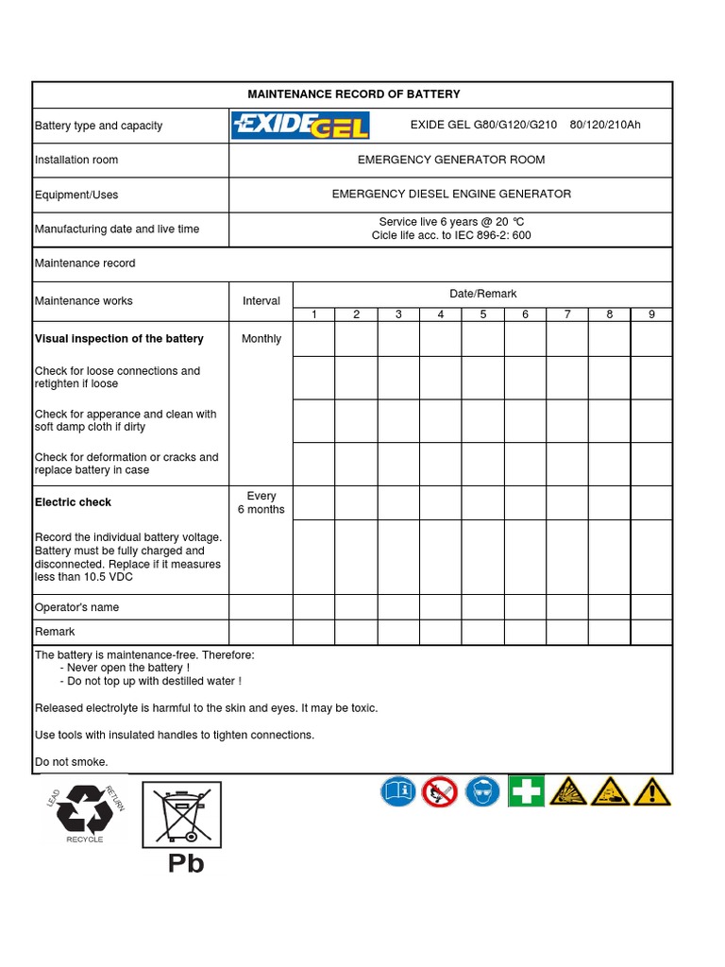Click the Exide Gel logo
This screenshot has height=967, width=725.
click(x=300, y=126)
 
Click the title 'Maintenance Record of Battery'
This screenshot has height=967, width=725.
click(x=353, y=94)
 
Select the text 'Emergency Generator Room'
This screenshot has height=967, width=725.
click(x=450, y=160)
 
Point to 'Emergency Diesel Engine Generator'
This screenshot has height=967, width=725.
click(x=450, y=194)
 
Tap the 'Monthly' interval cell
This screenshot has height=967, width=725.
click(x=261, y=339)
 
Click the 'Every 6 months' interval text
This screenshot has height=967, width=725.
click(x=261, y=502)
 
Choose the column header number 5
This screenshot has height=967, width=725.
click(x=482, y=314)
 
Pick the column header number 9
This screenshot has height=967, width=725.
click(x=651, y=314)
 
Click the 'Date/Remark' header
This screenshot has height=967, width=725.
click(x=482, y=294)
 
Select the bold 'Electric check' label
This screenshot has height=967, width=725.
click(x=73, y=502)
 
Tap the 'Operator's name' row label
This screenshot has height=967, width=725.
click(x=76, y=607)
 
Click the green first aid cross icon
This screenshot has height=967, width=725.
click(x=526, y=790)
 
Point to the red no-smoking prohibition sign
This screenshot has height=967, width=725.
click(x=440, y=790)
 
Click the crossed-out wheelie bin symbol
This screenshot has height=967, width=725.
click(x=181, y=814)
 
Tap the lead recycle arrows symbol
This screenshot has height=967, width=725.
click(x=85, y=808)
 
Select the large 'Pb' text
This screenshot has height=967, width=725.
click(x=186, y=863)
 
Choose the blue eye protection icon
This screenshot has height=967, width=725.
click(x=482, y=790)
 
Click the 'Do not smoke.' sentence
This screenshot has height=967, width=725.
click(x=72, y=761)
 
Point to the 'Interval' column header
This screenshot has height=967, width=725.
click(x=261, y=301)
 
